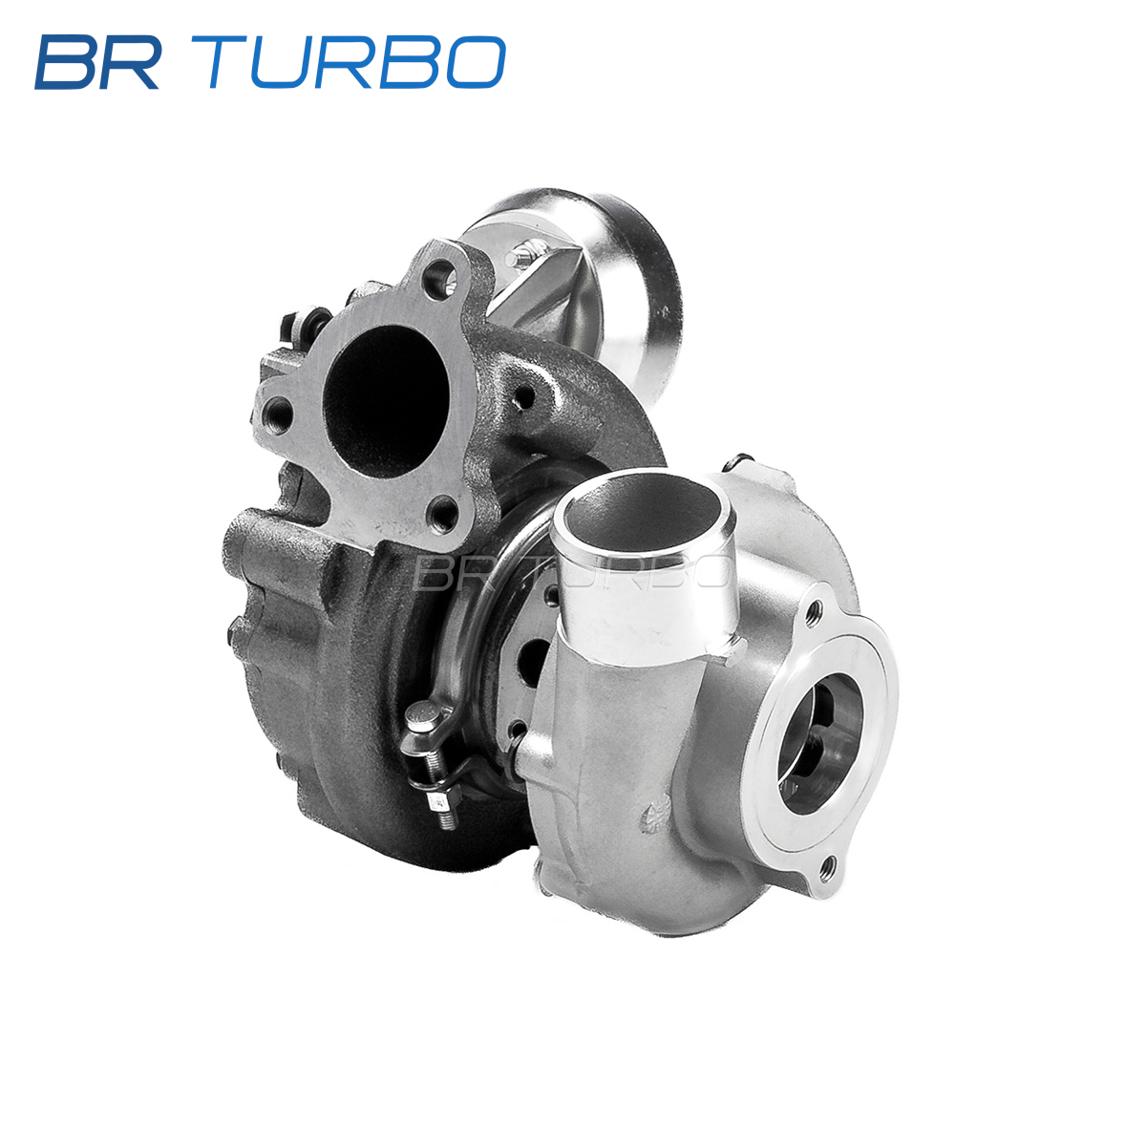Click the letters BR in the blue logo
(x=97, y=62)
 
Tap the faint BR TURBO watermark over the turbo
(x=571, y=573)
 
